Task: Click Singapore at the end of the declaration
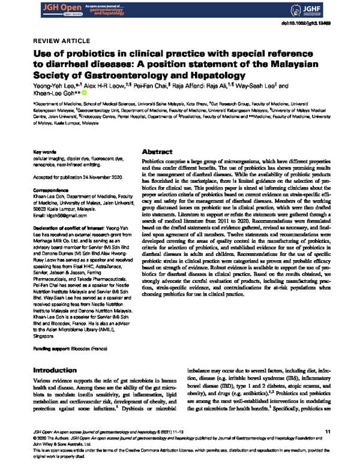pyautogui.click(x=46, y=336)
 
